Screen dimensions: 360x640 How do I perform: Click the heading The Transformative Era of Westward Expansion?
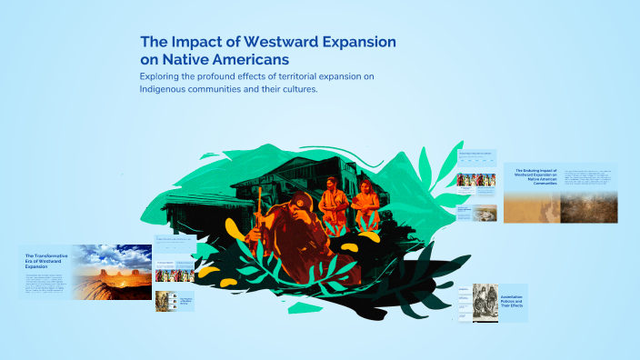[45, 262]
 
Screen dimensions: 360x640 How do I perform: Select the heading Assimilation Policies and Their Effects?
[515, 302]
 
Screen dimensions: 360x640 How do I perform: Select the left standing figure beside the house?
[333, 205]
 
